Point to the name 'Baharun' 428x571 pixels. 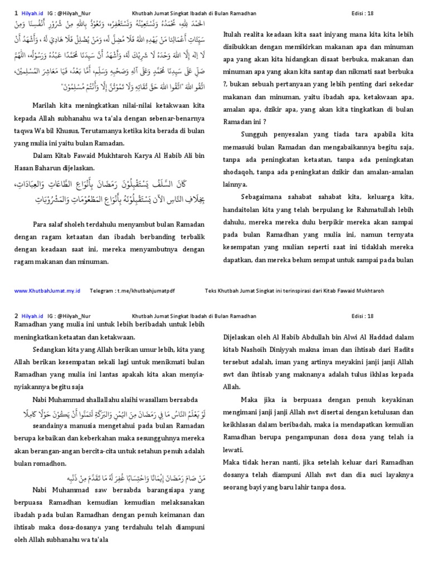pos(57,167)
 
